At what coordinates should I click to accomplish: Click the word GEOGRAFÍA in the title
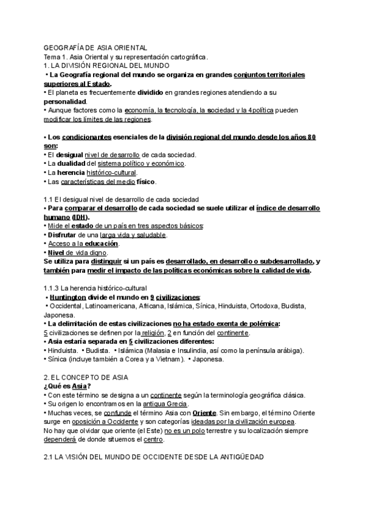65,47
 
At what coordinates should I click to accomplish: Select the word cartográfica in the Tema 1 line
186,56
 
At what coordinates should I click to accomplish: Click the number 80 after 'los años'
311,137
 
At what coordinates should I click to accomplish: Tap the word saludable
147,234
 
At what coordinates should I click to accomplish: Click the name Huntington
68,297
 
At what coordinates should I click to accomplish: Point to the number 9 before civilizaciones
151,297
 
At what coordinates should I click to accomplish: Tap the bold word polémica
258,324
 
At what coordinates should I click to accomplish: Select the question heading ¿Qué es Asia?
68,386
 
